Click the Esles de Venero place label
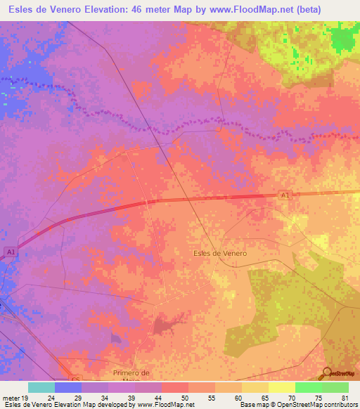click(219, 252)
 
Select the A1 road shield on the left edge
click(10, 252)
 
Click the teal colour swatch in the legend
click(41, 387)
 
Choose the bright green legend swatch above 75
click(308, 387)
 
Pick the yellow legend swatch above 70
click(281, 387)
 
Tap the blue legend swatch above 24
click(68, 387)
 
